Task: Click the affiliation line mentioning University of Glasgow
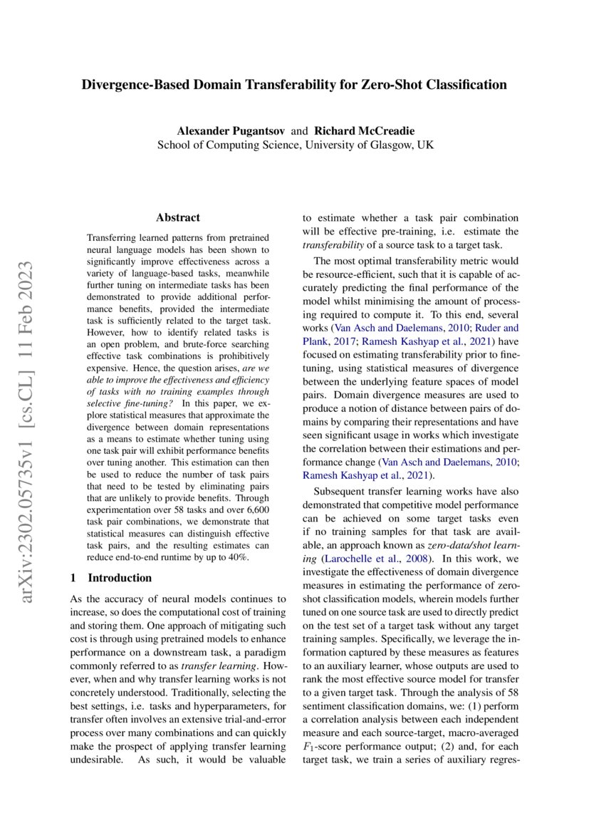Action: [295, 145]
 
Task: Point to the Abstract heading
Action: [177, 217]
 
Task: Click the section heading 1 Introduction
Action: [112, 578]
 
